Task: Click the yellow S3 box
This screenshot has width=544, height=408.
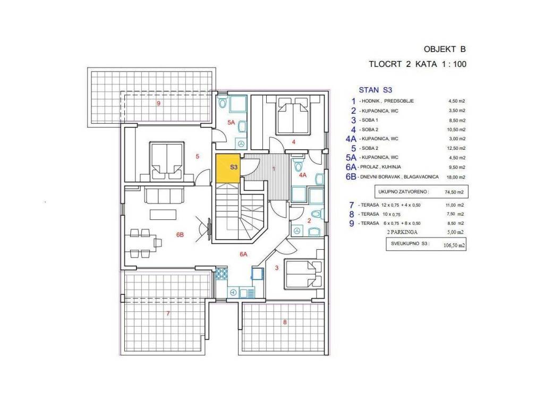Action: click(228, 168)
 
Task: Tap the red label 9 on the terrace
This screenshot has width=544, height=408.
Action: click(158, 104)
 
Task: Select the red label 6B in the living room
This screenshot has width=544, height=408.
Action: click(180, 235)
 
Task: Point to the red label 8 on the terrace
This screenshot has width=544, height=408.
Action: click(285, 322)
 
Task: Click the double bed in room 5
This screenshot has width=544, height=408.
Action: click(167, 161)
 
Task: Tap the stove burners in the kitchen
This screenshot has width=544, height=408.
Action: click(221, 275)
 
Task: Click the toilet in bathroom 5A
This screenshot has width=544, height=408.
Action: click(223, 102)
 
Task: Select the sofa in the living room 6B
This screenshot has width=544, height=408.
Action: click(164, 194)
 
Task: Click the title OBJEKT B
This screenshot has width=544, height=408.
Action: click(445, 49)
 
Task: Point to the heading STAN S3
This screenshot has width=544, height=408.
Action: click(375, 90)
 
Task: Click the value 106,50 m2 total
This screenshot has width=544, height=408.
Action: click(454, 245)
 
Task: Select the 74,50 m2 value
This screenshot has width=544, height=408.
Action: click(454, 192)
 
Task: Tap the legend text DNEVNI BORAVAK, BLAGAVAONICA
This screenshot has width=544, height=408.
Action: click(399, 177)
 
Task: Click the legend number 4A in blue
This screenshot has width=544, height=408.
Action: click(351, 139)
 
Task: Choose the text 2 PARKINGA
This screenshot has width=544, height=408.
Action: click(402, 232)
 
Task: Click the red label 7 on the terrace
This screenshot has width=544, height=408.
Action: click(168, 313)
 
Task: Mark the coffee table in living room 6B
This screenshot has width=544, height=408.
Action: click(163, 215)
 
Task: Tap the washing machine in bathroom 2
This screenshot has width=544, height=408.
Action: click(296, 231)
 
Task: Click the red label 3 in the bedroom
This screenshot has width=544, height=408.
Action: click(276, 268)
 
